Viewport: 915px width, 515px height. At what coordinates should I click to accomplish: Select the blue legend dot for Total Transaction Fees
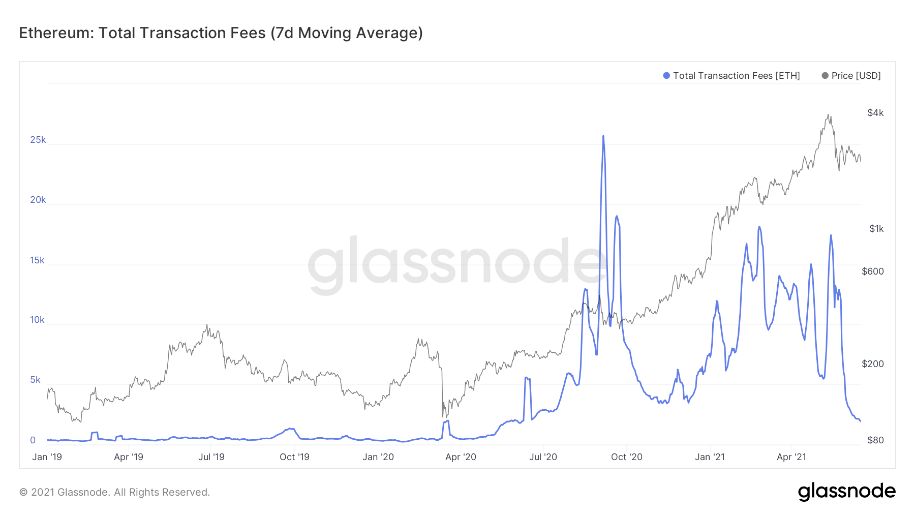point(666,76)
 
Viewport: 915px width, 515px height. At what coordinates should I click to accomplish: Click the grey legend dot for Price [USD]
point(825,76)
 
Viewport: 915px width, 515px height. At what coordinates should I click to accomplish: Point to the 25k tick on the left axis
point(38,140)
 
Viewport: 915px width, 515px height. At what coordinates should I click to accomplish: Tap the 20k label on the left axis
point(38,200)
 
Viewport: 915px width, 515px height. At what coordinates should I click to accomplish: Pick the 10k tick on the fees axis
point(38,320)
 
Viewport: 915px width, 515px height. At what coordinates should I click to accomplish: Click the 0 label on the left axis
point(33,440)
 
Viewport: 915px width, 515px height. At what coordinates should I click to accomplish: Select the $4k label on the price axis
point(875,113)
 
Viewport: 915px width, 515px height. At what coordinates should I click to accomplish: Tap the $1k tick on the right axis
point(876,229)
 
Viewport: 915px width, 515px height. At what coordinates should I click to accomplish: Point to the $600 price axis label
point(873,271)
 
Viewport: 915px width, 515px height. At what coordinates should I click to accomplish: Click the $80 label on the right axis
point(875,440)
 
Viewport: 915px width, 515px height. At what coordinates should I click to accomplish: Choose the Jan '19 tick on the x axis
point(47,457)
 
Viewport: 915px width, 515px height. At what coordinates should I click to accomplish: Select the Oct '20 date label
point(626,457)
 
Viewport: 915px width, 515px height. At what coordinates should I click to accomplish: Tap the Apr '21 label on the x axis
point(791,457)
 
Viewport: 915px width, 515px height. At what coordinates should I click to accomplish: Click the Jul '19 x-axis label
point(211,457)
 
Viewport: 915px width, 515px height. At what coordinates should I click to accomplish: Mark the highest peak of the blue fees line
point(603,136)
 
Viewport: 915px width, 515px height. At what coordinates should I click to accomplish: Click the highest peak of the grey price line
point(829,115)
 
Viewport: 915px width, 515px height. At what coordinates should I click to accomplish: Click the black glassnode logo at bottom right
point(846,492)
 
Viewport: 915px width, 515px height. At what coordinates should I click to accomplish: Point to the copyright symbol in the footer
point(23,492)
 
